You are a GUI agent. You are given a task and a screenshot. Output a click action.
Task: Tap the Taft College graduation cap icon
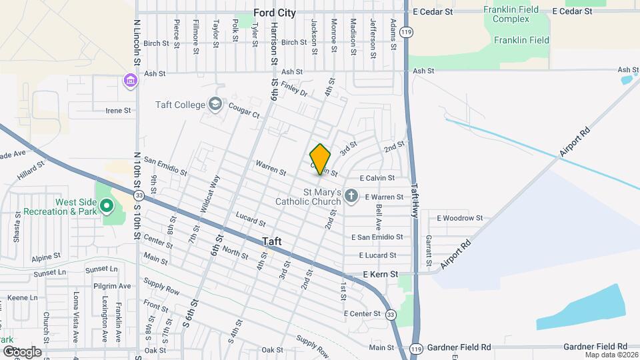215,104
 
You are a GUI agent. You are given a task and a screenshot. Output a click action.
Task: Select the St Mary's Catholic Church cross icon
351,197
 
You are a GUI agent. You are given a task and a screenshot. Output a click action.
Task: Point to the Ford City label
275,12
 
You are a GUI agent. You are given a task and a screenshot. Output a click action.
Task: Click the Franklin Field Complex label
511,15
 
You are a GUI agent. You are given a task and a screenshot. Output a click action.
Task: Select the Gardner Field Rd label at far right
595,347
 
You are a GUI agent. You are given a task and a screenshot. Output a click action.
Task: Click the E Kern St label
381,274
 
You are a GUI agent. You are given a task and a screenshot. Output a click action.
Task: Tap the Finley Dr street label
293,89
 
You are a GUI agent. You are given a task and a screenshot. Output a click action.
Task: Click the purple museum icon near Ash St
130,81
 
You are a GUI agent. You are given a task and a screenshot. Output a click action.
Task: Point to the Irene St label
118,111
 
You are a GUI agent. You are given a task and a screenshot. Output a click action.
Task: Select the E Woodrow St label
459,218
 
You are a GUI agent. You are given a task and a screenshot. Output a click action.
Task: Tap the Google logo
22,351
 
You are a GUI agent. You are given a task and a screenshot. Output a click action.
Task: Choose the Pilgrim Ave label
112,285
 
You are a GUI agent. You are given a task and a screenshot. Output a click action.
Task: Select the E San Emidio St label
377,237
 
